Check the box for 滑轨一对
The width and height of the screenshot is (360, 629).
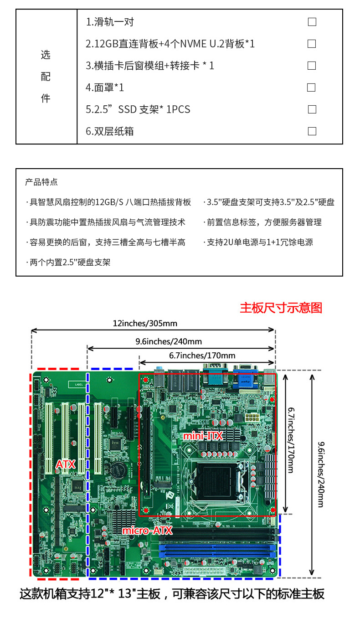pyautogui.click(x=312, y=22)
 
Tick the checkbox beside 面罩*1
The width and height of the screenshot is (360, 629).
pyautogui.click(x=311, y=88)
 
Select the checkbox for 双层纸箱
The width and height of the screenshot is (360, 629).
pyautogui.click(x=312, y=131)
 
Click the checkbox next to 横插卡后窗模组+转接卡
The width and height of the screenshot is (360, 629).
pyautogui.click(x=312, y=66)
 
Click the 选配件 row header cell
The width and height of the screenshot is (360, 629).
pyautogui.click(x=46, y=77)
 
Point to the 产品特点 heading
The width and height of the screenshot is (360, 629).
pyautogui.click(x=41, y=182)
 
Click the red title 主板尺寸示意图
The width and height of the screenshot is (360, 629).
pyautogui.click(x=281, y=308)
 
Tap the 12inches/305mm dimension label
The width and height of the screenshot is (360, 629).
pyautogui.click(x=145, y=323)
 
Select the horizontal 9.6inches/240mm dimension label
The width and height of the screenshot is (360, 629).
pyautogui.click(x=169, y=341)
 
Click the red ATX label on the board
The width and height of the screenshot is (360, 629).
pyautogui.click(x=65, y=464)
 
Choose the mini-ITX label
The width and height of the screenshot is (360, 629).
pyautogui.click(x=203, y=436)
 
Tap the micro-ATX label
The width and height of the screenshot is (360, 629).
pyautogui.click(x=147, y=531)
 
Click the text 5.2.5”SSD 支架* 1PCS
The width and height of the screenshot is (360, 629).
pyautogui.click(x=138, y=109)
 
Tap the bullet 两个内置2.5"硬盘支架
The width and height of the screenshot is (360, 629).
pyautogui.click(x=68, y=262)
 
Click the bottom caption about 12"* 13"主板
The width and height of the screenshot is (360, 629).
pyautogui.click(x=172, y=594)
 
